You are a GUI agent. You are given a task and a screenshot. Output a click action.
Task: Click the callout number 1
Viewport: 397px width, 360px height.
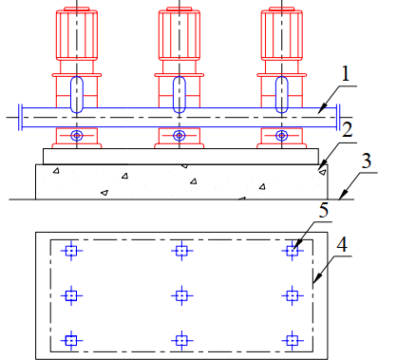click(346, 74)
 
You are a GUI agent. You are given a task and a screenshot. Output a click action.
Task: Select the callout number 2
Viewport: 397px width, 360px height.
click(348, 129)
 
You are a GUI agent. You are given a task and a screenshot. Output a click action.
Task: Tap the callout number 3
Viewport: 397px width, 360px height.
click(367, 161)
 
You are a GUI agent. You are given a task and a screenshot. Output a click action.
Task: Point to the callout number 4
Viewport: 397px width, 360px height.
click(342, 244)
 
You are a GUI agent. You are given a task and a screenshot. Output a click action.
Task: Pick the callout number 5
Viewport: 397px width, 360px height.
click(324, 210)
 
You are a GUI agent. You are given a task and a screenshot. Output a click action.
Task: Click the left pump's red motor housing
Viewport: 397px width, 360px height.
click(77, 34)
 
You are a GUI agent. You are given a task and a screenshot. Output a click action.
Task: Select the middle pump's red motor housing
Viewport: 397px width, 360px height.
click(180, 34)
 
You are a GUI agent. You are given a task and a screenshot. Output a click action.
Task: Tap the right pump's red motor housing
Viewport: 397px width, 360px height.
click(282, 34)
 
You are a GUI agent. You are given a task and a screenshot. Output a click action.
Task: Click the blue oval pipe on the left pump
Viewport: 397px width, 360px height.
click(77, 94)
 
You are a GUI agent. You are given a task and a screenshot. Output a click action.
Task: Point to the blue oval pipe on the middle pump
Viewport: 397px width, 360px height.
click(180, 94)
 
